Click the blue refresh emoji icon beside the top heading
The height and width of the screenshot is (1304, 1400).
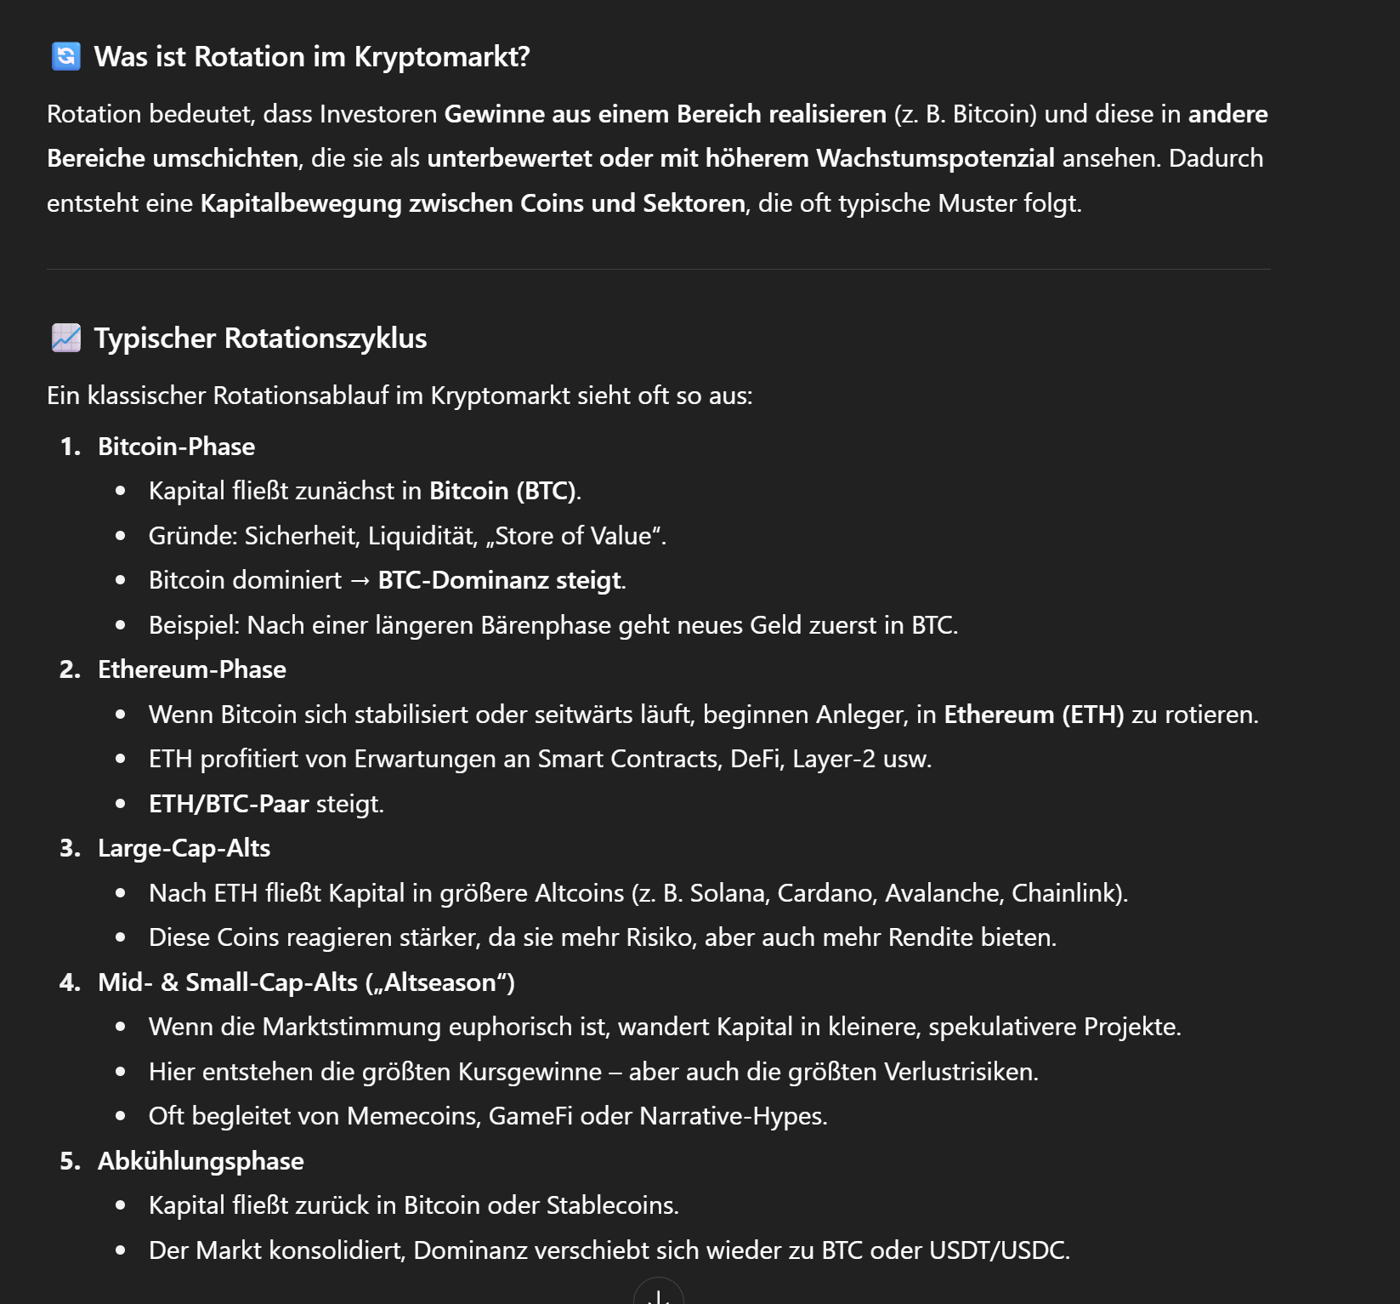66,56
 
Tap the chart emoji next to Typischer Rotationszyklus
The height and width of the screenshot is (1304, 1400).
66,338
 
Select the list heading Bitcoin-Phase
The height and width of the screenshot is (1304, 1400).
176,447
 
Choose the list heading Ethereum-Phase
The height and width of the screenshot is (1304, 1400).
191,669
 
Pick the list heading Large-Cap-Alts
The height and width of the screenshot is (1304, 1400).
184,848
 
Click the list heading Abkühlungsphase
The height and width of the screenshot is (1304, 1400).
201,1161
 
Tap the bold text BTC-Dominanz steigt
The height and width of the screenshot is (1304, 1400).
501,580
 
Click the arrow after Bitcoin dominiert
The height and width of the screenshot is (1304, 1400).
360,580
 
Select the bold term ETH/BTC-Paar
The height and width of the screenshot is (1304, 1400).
229,804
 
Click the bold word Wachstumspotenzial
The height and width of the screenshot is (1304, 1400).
935,158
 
